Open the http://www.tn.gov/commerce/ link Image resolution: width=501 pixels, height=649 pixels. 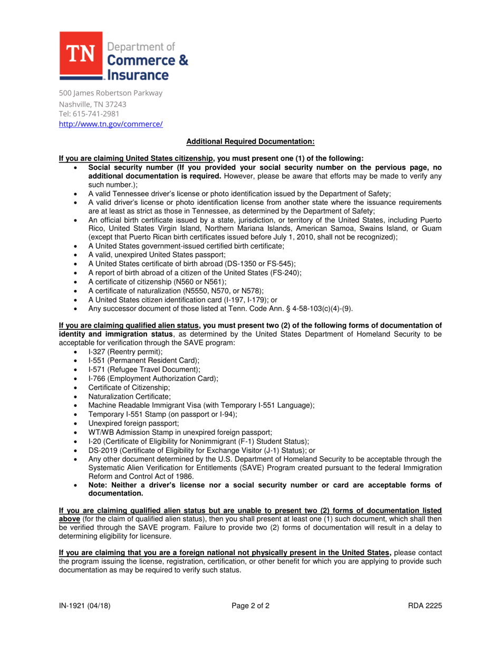(x=111, y=124)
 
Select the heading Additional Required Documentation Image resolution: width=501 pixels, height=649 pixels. (x=250, y=141)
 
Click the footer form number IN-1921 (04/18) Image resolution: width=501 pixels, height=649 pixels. (x=85, y=606)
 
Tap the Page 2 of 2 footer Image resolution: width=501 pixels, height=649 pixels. (x=250, y=606)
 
